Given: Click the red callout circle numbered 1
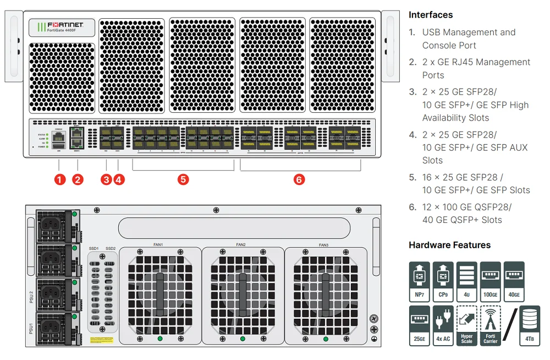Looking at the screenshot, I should (60, 179).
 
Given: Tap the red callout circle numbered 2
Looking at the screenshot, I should (78, 179).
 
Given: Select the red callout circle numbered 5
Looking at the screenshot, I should (183, 179).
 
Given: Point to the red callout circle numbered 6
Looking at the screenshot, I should (299, 179).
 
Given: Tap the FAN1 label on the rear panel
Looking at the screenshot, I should (158, 244).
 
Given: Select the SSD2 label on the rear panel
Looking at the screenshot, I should (111, 249).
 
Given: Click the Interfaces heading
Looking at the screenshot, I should (431, 15).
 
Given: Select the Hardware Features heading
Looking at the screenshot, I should (449, 245).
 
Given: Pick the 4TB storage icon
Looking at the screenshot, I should (530, 325).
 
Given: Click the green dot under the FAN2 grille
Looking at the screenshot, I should (243, 338).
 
